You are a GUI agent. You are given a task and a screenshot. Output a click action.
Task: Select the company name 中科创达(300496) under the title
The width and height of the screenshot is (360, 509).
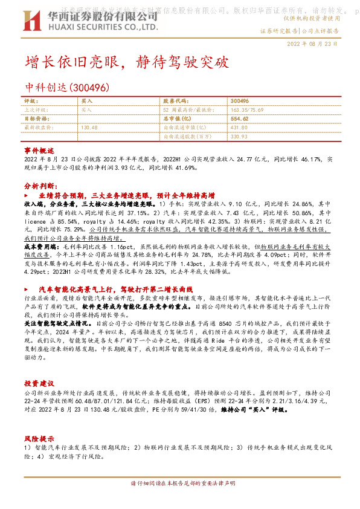[67, 88]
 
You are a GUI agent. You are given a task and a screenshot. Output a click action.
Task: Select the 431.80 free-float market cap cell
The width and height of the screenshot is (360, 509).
[240, 128]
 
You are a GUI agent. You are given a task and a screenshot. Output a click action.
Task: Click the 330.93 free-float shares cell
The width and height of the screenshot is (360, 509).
[240, 137]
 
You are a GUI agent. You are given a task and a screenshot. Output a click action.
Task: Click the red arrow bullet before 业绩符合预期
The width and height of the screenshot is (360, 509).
[27, 197]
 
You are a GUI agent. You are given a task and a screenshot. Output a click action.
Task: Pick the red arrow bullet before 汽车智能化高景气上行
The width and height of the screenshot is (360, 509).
[27, 290]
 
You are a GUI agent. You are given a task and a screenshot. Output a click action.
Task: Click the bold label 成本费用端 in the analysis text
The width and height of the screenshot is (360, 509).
[37, 247]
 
